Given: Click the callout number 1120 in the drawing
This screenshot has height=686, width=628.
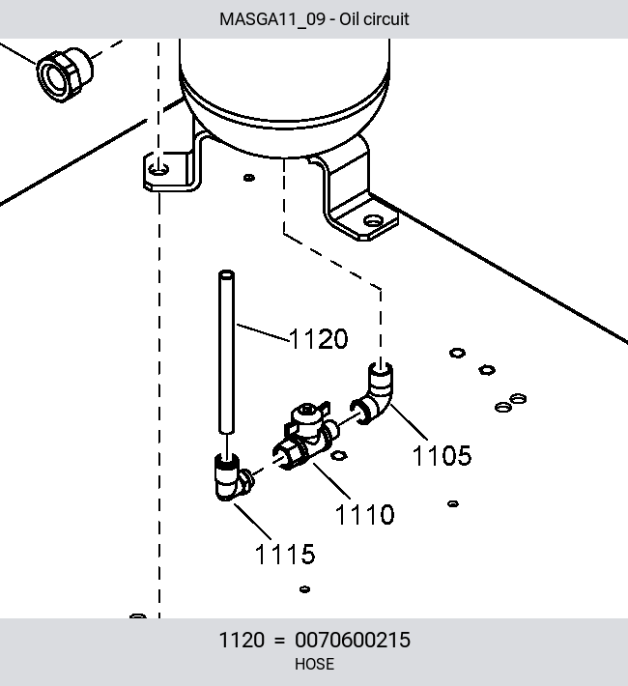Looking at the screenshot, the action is click(319, 338).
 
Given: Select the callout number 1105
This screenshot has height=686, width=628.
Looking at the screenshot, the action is click(442, 455).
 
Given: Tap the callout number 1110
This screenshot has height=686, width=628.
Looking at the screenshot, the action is click(364, 514).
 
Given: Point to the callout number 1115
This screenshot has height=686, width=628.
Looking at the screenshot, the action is click(285, 554).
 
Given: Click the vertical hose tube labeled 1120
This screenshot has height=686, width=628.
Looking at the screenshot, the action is click(226, 353).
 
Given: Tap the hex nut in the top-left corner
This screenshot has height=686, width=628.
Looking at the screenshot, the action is click(65, 74).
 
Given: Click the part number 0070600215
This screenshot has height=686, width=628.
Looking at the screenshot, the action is click(353, 640).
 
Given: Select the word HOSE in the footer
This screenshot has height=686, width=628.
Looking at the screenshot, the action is click(314, 664).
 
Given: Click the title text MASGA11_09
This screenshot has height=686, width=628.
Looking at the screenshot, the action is click(272, 19).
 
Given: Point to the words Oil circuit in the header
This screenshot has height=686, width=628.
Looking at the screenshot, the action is click(374, 19).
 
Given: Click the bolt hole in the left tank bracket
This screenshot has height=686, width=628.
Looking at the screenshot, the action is click(158, 169).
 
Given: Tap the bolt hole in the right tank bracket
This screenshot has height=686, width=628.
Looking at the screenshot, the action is click(373, 221).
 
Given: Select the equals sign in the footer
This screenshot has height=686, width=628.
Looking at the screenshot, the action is click(279, 640).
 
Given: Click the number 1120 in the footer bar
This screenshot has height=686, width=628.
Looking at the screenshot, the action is click(242, 640).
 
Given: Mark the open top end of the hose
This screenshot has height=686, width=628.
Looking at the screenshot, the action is click(226, 274).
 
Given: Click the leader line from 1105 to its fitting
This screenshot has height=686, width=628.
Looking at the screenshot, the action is click(409, 422).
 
